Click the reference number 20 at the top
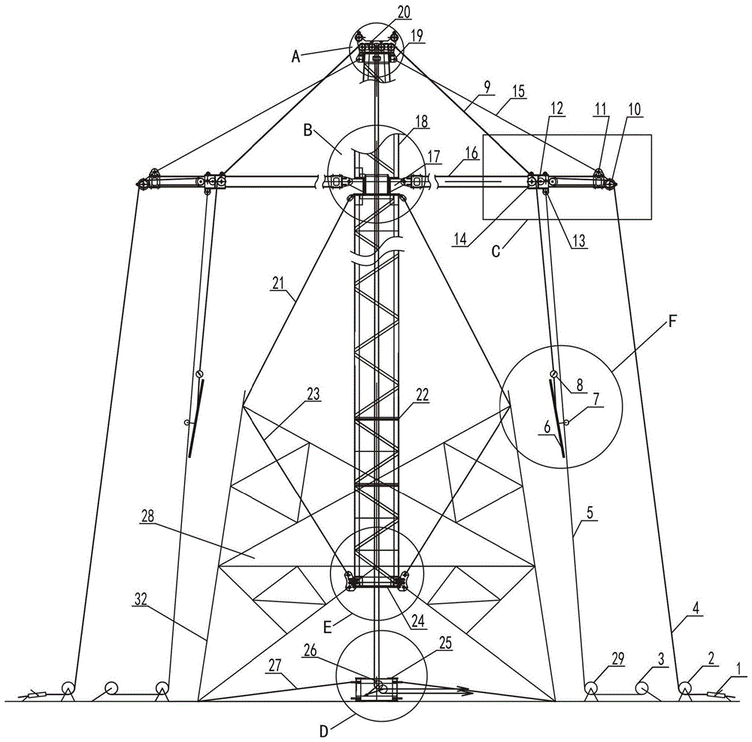tap(405, 11)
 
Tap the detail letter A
tap(296, 57)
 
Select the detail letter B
tap(308, 130)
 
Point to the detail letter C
tap(497, 250)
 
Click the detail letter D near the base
tap(324, 731)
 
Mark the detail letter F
tap(672, 322)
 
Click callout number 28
tap(147, 516)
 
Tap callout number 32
tap(141, 598)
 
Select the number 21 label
tap(278, 283)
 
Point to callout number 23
tap(313, 394)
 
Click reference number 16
tap(472, 153)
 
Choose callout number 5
tap(590, 513)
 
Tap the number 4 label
tap(696, 608)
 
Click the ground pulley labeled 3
tap(642, 688)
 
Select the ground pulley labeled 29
tap(593, 688)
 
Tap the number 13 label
tap(579, 241)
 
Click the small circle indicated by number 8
tap(554, 374)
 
